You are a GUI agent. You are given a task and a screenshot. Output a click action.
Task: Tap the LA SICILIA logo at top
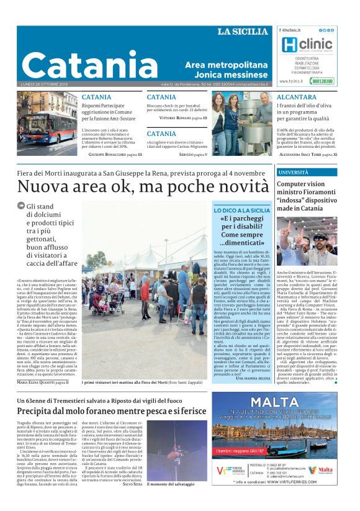click(x=242, y=32)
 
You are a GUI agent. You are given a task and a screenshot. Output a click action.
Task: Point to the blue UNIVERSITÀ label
click(x=293, y=172)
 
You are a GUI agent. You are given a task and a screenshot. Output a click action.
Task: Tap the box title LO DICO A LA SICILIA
click(x=241, y=210)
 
